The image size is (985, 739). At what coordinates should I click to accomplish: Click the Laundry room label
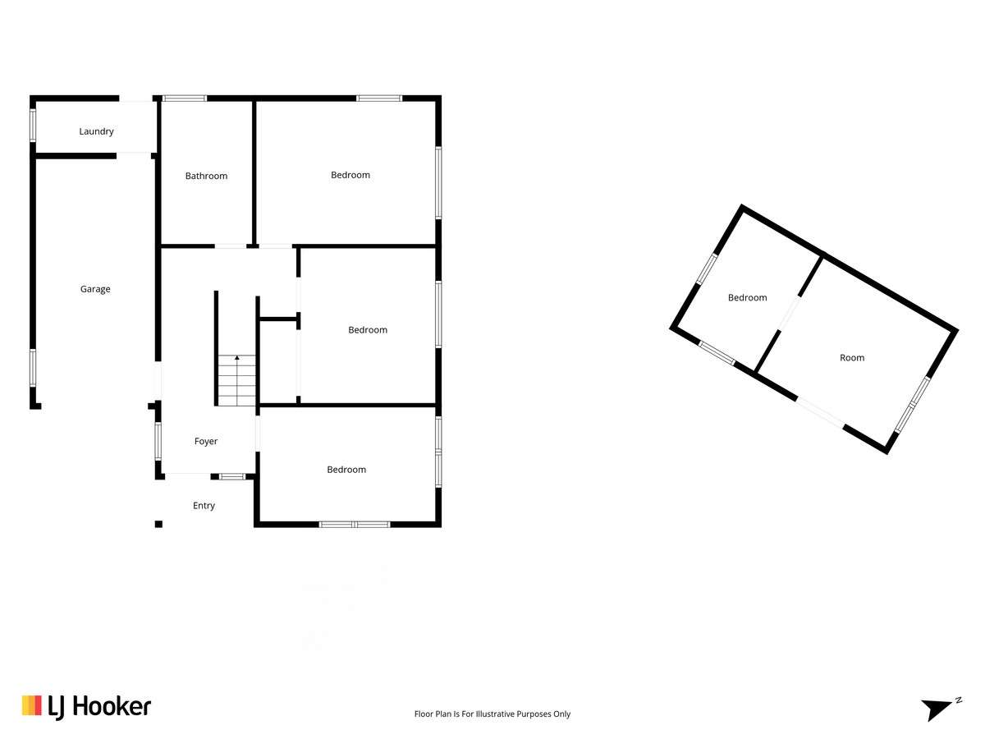click(x=96, y=131)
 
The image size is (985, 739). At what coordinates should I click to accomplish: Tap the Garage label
click(x=95, y=289)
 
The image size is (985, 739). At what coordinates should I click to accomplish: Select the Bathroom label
click(x=206, y=176)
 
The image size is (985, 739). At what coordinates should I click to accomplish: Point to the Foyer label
click(x=205, y=441)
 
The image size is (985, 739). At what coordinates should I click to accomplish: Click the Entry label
click(x=204, y=506)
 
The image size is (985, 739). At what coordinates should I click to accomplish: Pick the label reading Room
click(x=852, y=358)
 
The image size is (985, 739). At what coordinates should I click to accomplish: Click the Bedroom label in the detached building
click(x=747, y=297)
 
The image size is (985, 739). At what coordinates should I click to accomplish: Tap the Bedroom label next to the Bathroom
click(x=350, y=175)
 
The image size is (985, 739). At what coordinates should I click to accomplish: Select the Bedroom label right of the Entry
click(x=346, y=470)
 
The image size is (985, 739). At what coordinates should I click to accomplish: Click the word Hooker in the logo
click(x=112, y=707)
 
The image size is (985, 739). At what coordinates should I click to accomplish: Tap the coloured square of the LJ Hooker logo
click(x=31, y=705)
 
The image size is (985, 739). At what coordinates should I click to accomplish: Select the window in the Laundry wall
click(x=32, y=125)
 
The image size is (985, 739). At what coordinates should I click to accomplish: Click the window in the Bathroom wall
click(x=185, y=99)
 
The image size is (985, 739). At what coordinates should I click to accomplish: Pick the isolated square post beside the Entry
click(x=158, y=524)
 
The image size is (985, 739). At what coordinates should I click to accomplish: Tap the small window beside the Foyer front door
click(x=232, y=476)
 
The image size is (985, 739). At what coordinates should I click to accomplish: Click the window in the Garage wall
click(x=32, y=368)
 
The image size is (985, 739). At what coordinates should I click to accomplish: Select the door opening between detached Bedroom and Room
click(x=789, y=313)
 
